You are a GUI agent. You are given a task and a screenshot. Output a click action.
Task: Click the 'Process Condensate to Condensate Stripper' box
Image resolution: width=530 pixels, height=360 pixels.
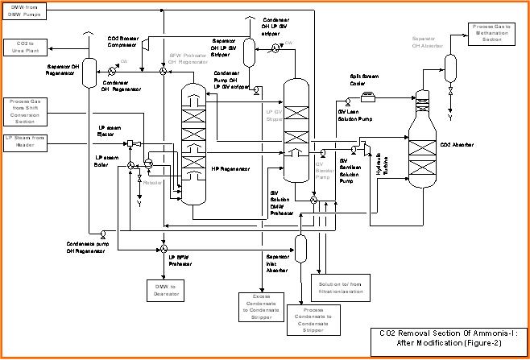coord(302,320)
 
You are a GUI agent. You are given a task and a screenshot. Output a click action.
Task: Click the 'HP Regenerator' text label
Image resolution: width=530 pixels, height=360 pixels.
coord(230,169)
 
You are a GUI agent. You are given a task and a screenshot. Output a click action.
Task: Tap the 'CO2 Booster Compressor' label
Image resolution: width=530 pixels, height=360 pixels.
coord(125,42)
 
